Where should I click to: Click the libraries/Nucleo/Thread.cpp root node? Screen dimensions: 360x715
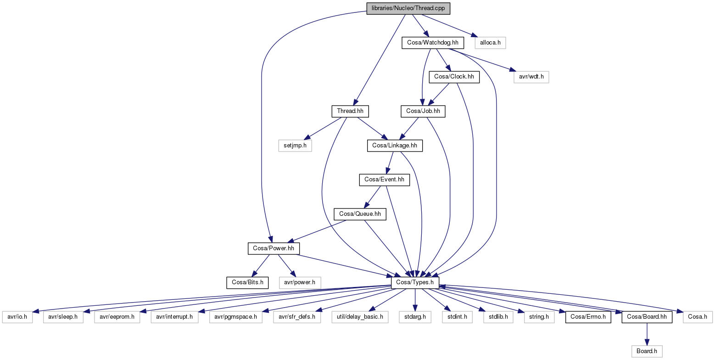point(408,9)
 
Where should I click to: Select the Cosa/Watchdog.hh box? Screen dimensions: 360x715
point(432,43)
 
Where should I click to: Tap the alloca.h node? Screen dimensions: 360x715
point(490,43)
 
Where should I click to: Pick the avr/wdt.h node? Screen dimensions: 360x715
point(531,77)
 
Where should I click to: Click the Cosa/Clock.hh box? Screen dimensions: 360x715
point(454,77)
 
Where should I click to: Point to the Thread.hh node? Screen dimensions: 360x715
point(350,111)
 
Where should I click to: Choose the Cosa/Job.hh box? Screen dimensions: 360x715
point(423,111)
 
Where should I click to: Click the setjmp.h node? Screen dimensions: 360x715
point(295,146)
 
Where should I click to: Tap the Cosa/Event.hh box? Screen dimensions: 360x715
point(384,180)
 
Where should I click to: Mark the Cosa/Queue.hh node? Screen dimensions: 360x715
point(360,214)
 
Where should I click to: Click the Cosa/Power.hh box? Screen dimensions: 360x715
point(274,248)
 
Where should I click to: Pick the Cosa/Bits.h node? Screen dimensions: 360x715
point(247,282)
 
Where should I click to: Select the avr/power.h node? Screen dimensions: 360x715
point(300,282)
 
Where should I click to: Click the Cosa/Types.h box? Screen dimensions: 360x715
point(415,282)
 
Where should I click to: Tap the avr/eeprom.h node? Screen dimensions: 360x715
point(117,317)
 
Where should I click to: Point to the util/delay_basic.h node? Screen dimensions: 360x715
point(360,317)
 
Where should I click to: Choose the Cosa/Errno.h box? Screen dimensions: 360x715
point(588,317)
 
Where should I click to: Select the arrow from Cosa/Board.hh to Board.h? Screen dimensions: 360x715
point(647,334)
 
